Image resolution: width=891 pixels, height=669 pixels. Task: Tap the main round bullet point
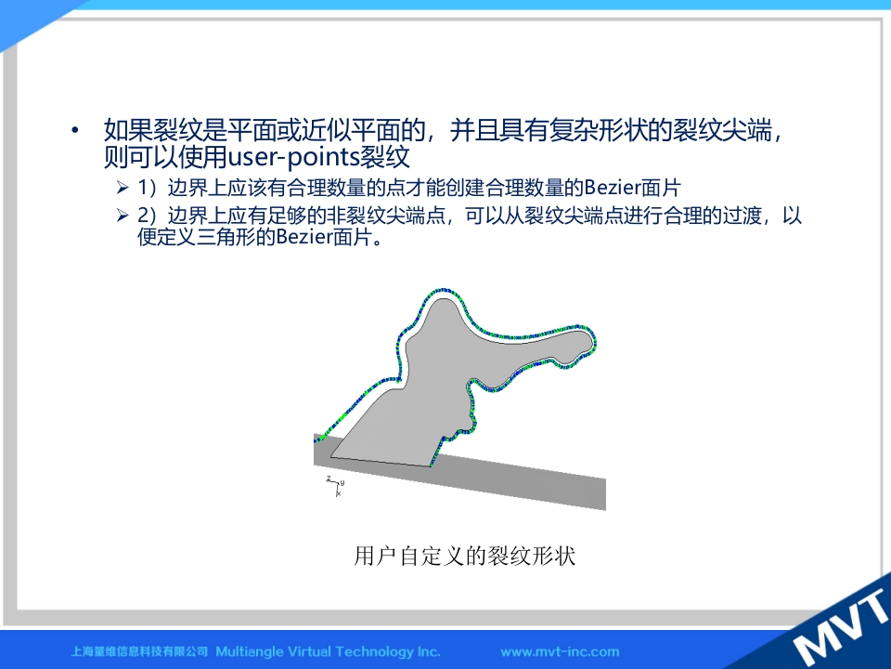click(x=75, y=131)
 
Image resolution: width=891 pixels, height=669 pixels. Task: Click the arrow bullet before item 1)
click(x=123, y=187)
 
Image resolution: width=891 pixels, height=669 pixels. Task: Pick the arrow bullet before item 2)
click(x=123, y=215)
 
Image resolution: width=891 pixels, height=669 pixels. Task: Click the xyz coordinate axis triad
click(x=336, y=486)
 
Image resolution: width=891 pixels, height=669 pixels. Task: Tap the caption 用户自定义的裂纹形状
click(x=465, y=556)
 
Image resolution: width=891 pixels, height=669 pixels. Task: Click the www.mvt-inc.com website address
click(x=560, y=652)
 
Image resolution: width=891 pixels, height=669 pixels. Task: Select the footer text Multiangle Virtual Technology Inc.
click(x=328, y=651)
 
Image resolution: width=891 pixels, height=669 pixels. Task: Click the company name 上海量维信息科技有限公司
click(x=139, y=651)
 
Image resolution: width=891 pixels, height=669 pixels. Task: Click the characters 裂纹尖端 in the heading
click(x=723, y=131)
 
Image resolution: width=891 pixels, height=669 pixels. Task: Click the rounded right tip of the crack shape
click(x=587, y=343)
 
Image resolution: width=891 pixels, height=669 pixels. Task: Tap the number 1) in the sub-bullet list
click(x=148, y=187)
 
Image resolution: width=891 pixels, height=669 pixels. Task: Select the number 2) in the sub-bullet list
click(x=148, y=216)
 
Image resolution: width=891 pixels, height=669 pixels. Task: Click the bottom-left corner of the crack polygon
click(x=331, y=456)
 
